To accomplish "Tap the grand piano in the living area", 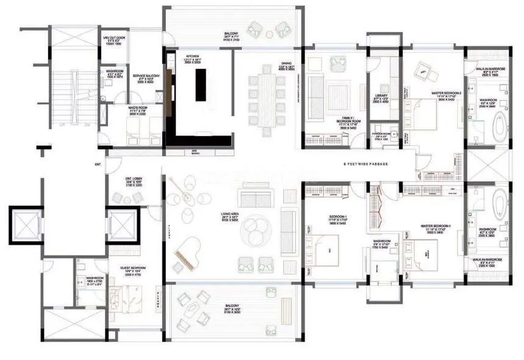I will (x=182, y=257).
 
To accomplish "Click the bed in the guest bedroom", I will (x=134, y=301).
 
